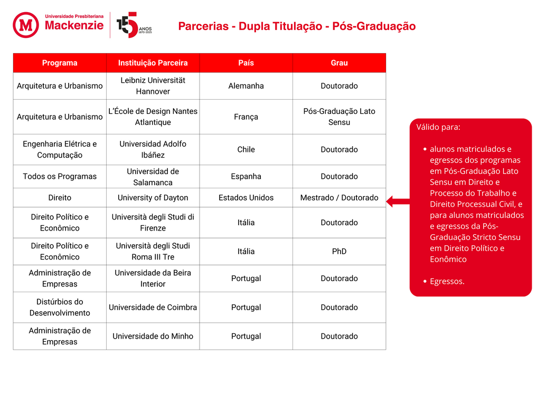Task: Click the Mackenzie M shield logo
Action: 26,25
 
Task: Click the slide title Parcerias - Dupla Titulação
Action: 297,26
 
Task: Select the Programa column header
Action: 60,63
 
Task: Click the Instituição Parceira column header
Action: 153,63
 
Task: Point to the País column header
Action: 246,63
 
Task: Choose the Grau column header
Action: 339,63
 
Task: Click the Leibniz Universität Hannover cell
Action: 153,86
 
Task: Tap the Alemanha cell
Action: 246,86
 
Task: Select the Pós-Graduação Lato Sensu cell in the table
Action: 339,117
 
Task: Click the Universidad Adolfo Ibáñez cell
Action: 153,149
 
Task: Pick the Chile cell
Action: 246,149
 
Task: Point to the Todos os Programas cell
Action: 60,176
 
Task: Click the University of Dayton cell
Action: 153,198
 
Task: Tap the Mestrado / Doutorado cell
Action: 339,198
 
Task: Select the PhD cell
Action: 339,251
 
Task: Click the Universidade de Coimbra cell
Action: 153,307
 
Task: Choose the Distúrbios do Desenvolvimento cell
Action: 60,307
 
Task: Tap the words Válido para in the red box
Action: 438,127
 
